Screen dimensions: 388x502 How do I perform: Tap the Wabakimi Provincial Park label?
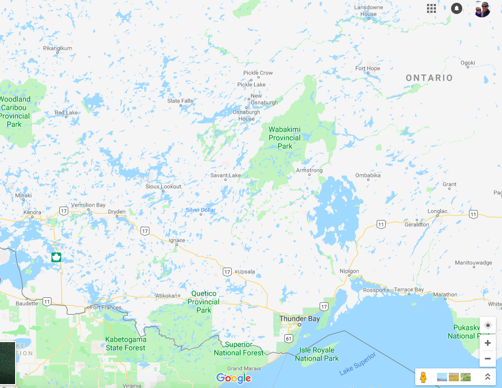[284, 138]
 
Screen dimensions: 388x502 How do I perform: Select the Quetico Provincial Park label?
[203, 302]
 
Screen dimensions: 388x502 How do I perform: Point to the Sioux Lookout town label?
[163, 186]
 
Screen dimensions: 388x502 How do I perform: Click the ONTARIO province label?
[429, 78]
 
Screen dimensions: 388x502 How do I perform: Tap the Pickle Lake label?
[251, 85]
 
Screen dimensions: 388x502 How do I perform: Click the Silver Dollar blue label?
[201, 211]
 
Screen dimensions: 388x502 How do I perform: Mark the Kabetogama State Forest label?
[125, 344]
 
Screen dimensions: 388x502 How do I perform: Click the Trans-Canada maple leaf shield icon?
[56, 257]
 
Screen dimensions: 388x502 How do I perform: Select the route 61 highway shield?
[288, 338]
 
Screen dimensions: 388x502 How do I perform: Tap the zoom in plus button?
[487, 343]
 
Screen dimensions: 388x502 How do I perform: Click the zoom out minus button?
[487, 358]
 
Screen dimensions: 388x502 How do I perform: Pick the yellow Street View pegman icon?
[423, 377]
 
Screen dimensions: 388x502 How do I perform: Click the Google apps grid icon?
[431, 8]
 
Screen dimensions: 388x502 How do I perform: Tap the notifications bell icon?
[457, 8]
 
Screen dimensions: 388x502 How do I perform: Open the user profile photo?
[482, 9]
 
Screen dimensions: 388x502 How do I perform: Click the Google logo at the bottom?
[233, 378]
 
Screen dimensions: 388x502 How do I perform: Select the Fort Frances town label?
[105, 307]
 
